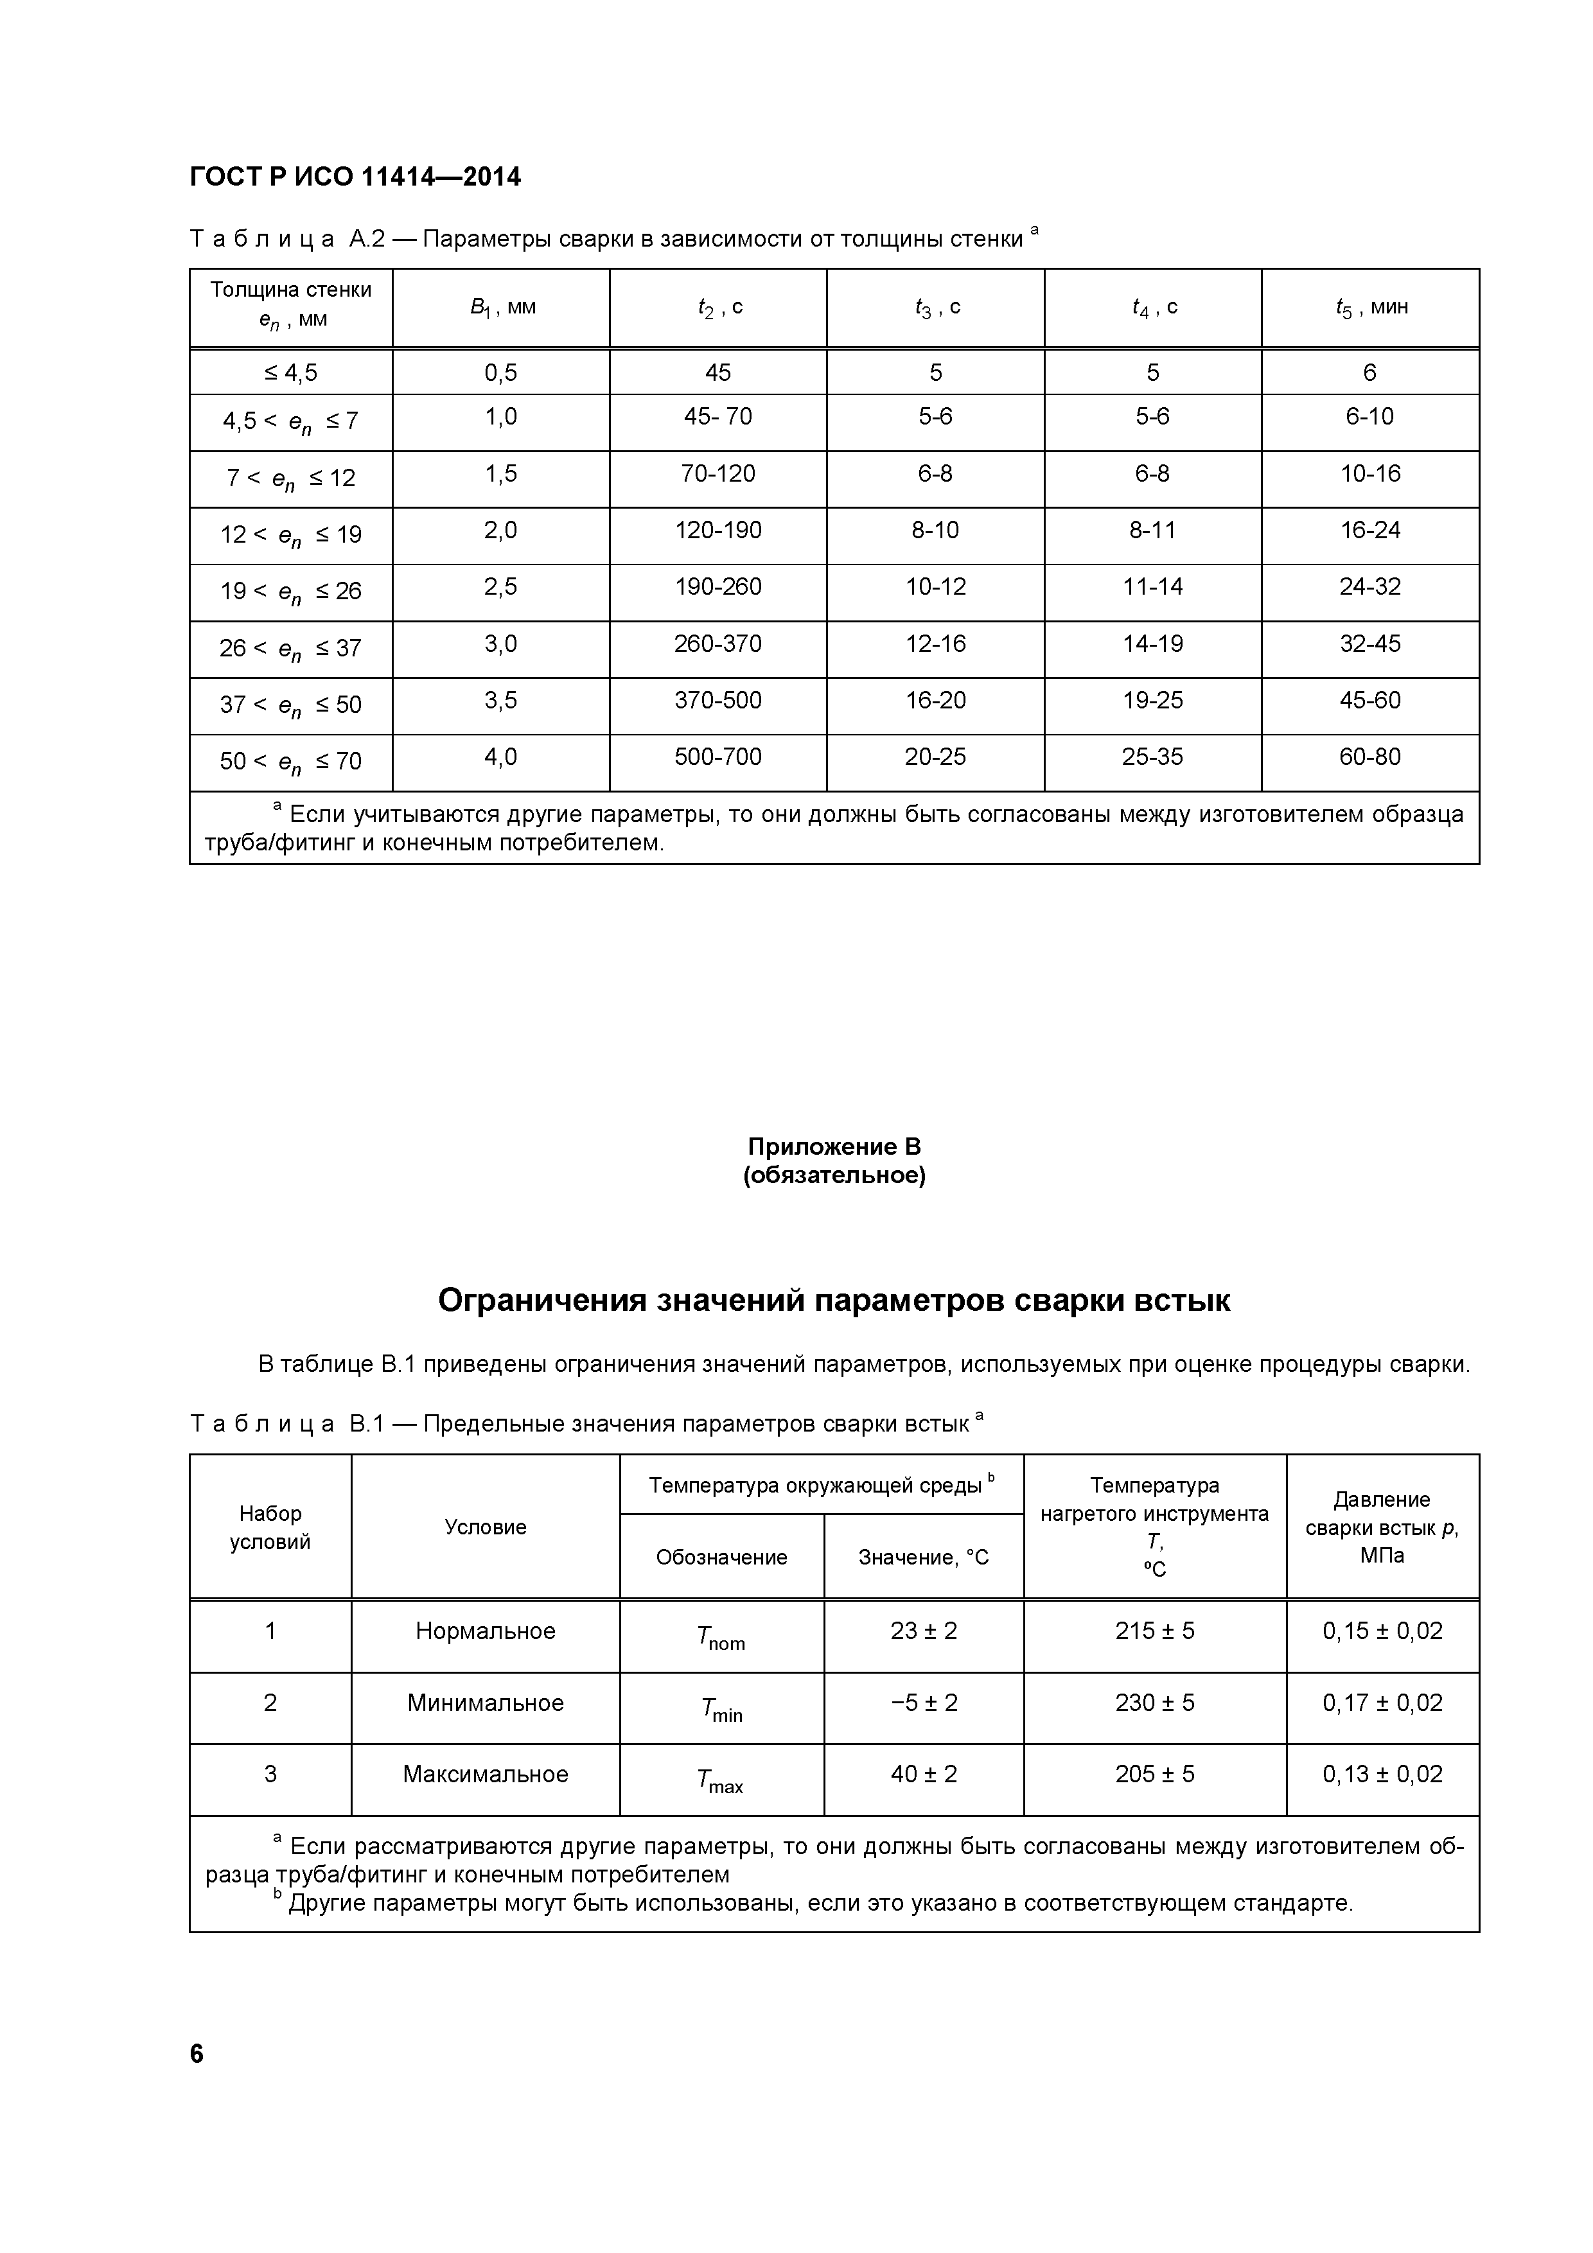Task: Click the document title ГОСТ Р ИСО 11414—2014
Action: point(355,177)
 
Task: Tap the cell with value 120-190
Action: point(717,530)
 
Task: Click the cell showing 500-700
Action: point(717,757)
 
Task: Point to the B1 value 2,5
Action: point(500,587)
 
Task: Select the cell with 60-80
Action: point(1370,757)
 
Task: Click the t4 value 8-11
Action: point(1152,530)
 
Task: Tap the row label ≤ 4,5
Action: point(290,372)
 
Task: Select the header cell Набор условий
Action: point(270,1527)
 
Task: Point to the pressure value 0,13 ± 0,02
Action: point(1382,1774)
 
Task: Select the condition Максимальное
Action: point(485,1774)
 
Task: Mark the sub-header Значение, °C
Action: point(924,1557)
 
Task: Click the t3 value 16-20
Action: point(935,699)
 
